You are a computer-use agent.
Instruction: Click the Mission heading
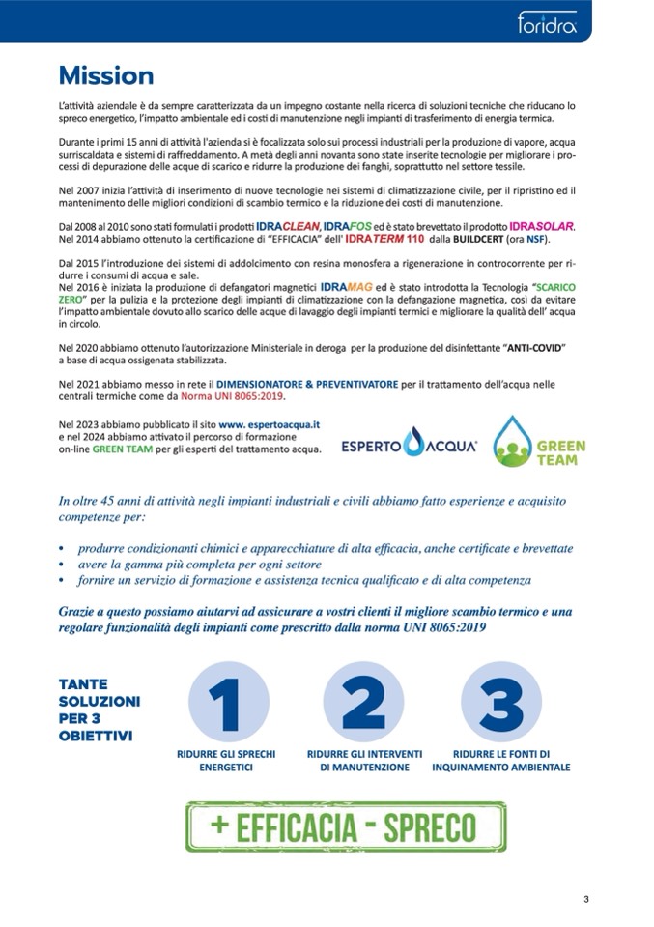pos(106,74)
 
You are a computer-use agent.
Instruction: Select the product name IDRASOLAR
pos(543,226)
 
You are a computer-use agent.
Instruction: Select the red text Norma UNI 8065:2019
pos(240,395)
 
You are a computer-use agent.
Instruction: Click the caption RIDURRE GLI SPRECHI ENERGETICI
pos(225,760)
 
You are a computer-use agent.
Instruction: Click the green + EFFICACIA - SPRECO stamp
pos(333,826)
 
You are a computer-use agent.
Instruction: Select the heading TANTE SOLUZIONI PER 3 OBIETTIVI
pos(100,710)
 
